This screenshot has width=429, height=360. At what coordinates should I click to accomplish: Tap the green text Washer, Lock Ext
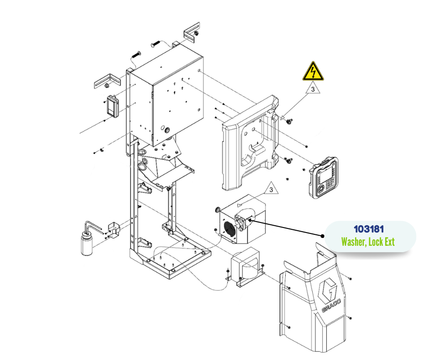tap(368, 242)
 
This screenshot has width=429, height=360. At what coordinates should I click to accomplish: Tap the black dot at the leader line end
tap(323, 236)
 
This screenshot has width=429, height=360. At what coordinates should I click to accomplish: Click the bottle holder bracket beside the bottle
tap(112, 229)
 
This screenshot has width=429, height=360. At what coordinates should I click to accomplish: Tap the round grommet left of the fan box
tap(218, 210)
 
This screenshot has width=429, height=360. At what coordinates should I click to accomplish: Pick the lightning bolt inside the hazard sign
tap(313, 72)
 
